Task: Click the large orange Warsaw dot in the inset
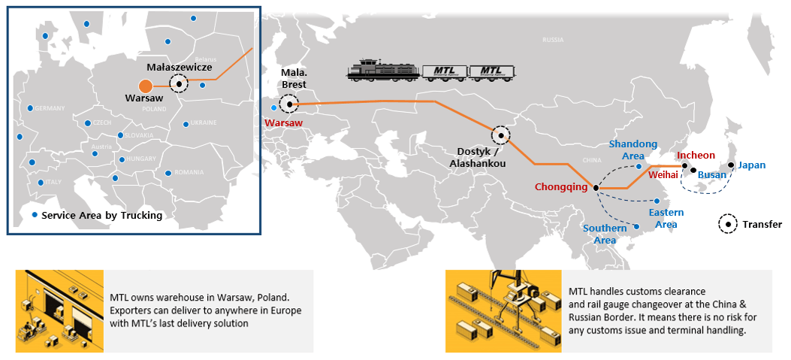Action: pyautogui.click(x=146, y=86)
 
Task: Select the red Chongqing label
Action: pyautogui.click(x=560, y=187)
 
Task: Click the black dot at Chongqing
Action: pyautogui.click(x=595, y=188)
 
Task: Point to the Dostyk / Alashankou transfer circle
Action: pyautogui.click(x=500, y=135)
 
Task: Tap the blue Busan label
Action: pyautogui.click(x=712, y=175)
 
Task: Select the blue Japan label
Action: pyautogui.click(x=751, y=165)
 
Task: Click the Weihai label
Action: pyautogui.click(x=663, y=174)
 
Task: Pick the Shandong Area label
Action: pyautogui.click(x=632, y=150)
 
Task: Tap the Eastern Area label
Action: pyautogui.click(x=666, y=218)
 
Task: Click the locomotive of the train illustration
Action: pyautogui.click(x=382, y=70)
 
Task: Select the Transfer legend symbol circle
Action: pyautogui.click(x=727, y=224)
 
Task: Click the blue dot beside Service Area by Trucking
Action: pyautogui.click(x=35, y=215)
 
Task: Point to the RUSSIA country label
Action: pyautogui.click(x=553, y=40)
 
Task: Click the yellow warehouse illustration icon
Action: pyautogui.click(x=59, y=310)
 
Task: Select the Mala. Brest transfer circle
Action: pyautogui.click(x=288, y=104)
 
